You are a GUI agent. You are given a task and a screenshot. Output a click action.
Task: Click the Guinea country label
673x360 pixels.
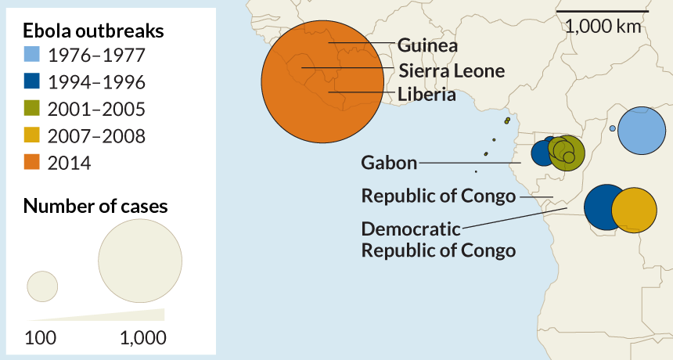click(427, 45)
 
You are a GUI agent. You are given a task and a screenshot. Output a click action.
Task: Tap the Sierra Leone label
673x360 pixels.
click(452, 70)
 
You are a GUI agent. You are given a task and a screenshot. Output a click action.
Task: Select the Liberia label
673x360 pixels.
click(426, 95)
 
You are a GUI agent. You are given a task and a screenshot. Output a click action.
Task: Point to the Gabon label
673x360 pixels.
click(389, 163)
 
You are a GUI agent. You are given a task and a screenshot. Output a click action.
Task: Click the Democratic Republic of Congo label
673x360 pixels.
click(438, 239)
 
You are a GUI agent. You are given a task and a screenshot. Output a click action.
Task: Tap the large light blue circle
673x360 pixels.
click(642, 131)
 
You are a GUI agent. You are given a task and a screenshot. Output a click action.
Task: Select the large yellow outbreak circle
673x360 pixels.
click(634, 210)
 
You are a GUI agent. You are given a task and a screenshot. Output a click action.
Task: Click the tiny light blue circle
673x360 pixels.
click(612, 128)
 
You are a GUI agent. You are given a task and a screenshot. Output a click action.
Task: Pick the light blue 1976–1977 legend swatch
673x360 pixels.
click(31, 55)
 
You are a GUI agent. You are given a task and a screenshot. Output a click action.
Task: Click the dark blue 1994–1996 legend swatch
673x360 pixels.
click(31, 81)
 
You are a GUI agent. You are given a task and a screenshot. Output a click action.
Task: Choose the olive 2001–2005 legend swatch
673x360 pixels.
click(31, 109)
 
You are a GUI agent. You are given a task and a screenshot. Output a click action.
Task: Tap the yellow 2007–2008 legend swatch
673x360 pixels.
click(31, 135)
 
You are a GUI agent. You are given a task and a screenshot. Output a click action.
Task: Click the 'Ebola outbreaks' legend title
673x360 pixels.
click(94, 31)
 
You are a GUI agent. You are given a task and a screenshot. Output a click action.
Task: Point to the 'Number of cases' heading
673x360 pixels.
click(95, 207)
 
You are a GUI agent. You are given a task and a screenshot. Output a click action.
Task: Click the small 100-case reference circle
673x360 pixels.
click(43, 286)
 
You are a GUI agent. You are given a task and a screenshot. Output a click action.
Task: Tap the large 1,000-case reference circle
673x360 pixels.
click(140, 261)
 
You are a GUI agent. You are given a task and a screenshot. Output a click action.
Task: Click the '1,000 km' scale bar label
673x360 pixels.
click(603, 26)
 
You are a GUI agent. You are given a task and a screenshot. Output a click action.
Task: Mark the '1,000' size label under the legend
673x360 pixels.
click(143, 338)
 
